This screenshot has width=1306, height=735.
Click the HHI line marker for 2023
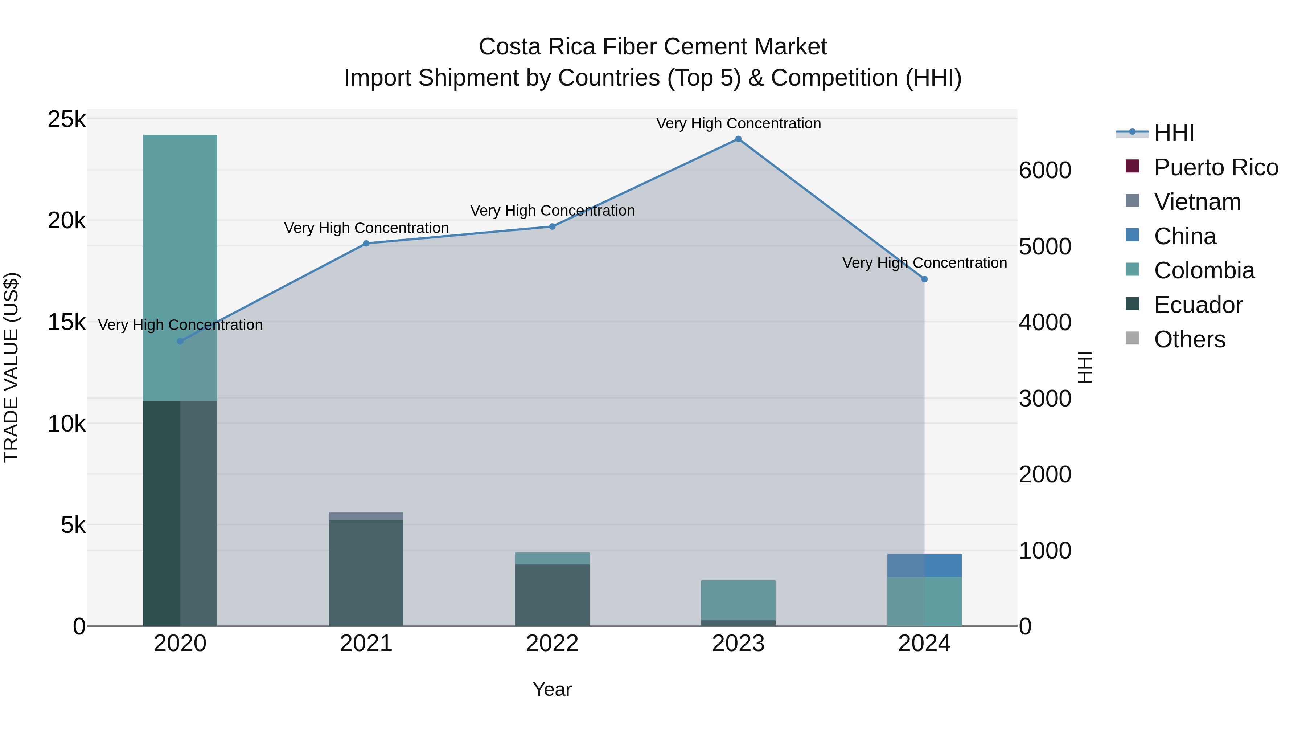pos(738,139)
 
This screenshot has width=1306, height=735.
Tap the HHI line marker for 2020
pos(180,342)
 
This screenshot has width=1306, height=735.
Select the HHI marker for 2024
pos(924,279)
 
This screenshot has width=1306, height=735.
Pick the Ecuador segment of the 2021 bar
pos(366,573)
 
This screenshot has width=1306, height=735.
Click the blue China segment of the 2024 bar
pos(924,565)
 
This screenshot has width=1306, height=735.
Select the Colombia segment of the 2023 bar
pos(738,600)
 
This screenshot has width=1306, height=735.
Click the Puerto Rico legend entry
pos(1216,167)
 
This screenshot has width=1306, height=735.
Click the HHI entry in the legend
pos(1174,133)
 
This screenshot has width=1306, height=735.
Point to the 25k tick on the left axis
pos(66,120)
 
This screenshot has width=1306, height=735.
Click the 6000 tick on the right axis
pos(1046,171)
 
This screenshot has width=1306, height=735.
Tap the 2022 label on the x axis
pos(552,644)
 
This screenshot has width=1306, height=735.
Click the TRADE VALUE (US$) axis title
pos(11,367)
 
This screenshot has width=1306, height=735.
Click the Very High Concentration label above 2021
pos(366,228)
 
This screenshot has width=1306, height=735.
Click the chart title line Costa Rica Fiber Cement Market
pos(653,47)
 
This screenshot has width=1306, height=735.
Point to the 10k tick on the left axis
pos(66,424)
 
